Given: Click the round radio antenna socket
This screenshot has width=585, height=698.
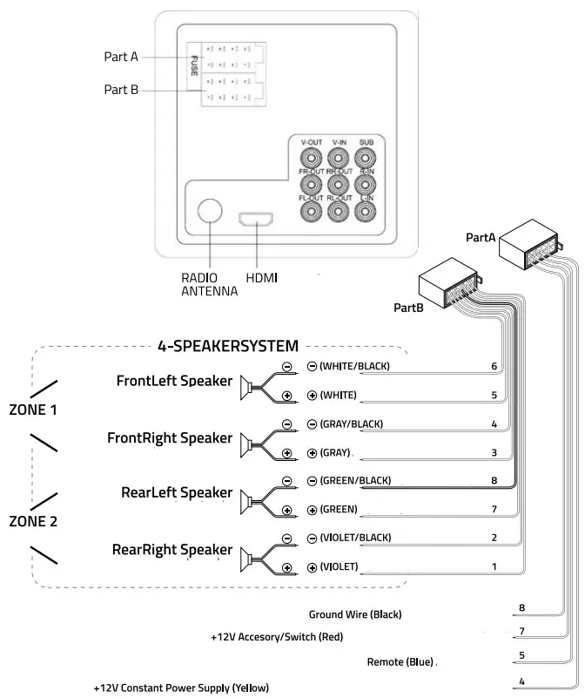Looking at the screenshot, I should tap(209, 211).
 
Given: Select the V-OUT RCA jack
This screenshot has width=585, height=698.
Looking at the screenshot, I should tap(310, 158).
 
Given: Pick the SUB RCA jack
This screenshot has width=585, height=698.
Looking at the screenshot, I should tap(366, 158).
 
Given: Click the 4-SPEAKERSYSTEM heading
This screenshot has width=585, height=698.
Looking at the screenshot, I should tap(227, 346).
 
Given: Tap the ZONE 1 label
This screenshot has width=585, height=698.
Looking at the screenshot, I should tap(35, 408).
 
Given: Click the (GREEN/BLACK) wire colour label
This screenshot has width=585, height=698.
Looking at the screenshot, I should tap(354, 481).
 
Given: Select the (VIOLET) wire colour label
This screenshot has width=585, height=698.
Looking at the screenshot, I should tap(339, 566).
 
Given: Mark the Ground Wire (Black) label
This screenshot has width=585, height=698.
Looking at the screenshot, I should tap(355, 614).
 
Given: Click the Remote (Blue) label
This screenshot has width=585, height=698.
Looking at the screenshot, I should tap(400, 662).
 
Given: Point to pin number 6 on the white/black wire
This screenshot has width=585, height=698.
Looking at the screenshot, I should tap(494, 367).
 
